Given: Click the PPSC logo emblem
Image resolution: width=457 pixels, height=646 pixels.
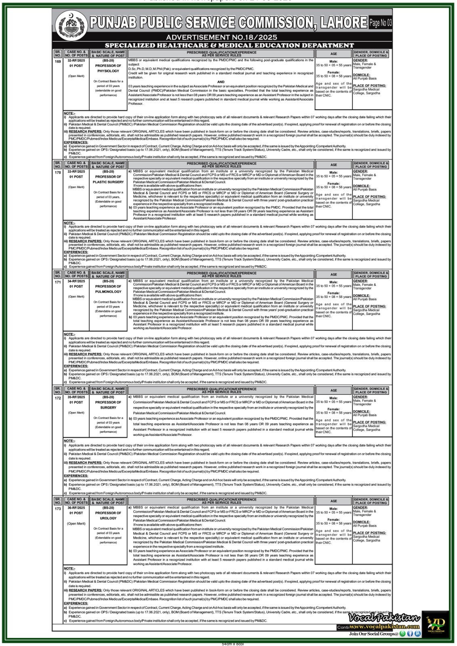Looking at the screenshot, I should coord(71,24).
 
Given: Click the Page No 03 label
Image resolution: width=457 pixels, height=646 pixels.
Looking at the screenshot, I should coord(380,23).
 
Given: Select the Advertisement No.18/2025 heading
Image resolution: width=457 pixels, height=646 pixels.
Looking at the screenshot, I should coord(221,38).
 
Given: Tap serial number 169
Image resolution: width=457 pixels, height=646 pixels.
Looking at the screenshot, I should coord(58,62).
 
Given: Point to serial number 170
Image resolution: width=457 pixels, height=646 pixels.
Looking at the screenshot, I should coord(58,173).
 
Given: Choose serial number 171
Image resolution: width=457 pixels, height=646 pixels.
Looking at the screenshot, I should coord(58,282).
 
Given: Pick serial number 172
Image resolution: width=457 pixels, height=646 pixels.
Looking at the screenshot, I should coord(58,398).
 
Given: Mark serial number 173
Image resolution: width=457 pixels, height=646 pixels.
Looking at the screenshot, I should coord(58,509).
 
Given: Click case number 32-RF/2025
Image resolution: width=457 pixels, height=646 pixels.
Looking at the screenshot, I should coord(76,60).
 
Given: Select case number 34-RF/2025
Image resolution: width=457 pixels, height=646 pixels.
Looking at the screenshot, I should coord(76,281).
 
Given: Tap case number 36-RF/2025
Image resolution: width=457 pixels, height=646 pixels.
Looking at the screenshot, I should coord(76,508).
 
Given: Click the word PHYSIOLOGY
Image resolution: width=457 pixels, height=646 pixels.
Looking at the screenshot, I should coord(108,71).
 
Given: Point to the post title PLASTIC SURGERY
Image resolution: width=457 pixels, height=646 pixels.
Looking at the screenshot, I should coord(108,182).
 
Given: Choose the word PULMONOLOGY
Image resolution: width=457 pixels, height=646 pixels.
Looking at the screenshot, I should coord(108,292).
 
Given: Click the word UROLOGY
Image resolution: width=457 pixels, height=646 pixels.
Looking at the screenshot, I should coord(108,518).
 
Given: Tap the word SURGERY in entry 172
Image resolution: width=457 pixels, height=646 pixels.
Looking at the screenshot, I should coord(108,407).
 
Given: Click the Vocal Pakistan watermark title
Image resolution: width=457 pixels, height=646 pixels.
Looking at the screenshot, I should coord(384,618).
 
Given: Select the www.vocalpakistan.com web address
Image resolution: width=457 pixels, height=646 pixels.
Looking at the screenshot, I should coord(384,627).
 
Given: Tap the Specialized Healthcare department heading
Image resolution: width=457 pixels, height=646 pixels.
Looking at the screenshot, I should coord(230,46).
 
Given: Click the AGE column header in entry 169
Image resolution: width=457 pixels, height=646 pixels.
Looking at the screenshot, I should coord(333,54).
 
